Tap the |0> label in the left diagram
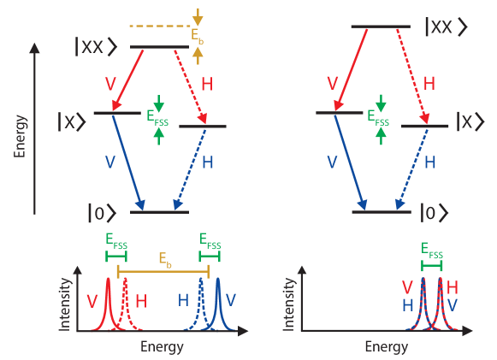click(101, 210)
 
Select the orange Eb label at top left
click(198, 35)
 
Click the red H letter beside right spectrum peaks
click(453, 286)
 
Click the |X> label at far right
click(473, 121)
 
